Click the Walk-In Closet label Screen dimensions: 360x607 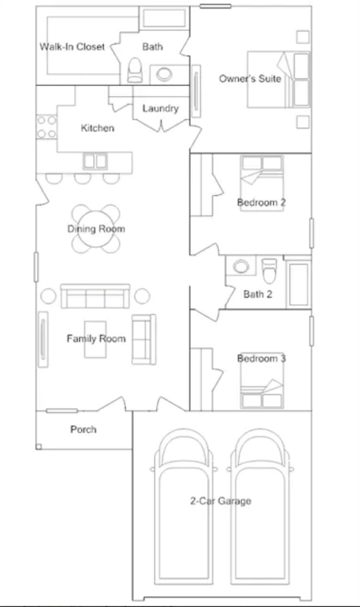(x=72, y=47)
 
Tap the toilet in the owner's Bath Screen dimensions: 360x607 (x=135, y=70)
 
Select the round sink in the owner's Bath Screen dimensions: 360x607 (x=164, y=74)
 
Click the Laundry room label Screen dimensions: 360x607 (x=161, y=108)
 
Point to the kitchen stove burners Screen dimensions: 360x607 (x=46, y=127)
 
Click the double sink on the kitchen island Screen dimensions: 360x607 (x=95, y=161)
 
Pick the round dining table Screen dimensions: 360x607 (x=95, y=229)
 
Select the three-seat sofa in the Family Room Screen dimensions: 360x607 (x=95, y=296)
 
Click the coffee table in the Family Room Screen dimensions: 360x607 (x=95, y=340)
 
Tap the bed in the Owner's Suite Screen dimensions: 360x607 (x=279, y=79)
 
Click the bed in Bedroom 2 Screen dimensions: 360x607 (x=262, y=183)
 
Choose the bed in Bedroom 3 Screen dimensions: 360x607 (x=262, y=386)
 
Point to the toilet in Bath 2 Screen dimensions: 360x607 (x=270, y=270)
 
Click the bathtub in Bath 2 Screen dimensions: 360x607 (x=299, y=285)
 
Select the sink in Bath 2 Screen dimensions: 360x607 (x=241, y=266)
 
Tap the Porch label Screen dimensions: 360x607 (x=83, y=429)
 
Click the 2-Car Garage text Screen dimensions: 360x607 (x=221, y=501)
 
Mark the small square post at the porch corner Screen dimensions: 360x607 (x=39, y=447)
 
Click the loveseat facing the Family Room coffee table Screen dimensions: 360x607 (x=144, y=339)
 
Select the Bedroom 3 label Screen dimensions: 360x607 (x=262, y=359)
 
